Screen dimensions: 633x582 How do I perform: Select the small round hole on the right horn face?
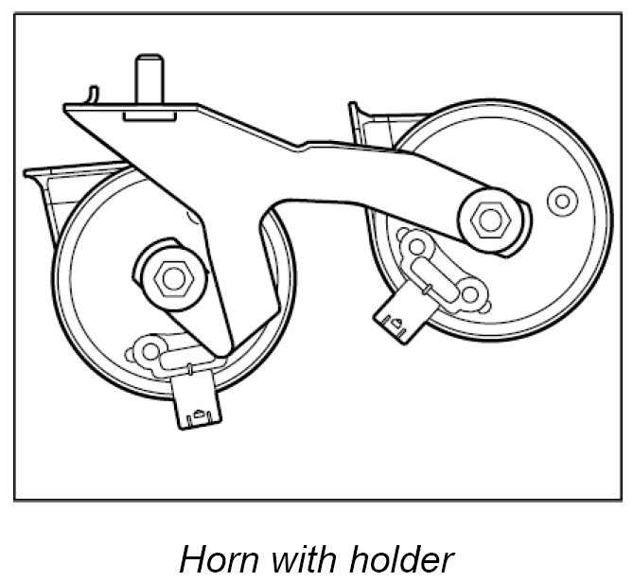click(x=563, y=201)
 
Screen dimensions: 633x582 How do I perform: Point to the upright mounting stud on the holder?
click(x=148, y=79)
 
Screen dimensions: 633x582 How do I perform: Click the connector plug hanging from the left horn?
click(x=198, y=401)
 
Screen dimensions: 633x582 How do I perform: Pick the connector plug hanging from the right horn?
click(x=398, y=318)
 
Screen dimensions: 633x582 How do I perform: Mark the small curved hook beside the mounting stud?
click(x=91, y=94)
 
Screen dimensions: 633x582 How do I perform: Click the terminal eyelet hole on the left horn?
click(x=148, y=351)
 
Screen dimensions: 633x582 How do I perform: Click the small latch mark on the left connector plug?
click(x=199, y=412)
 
